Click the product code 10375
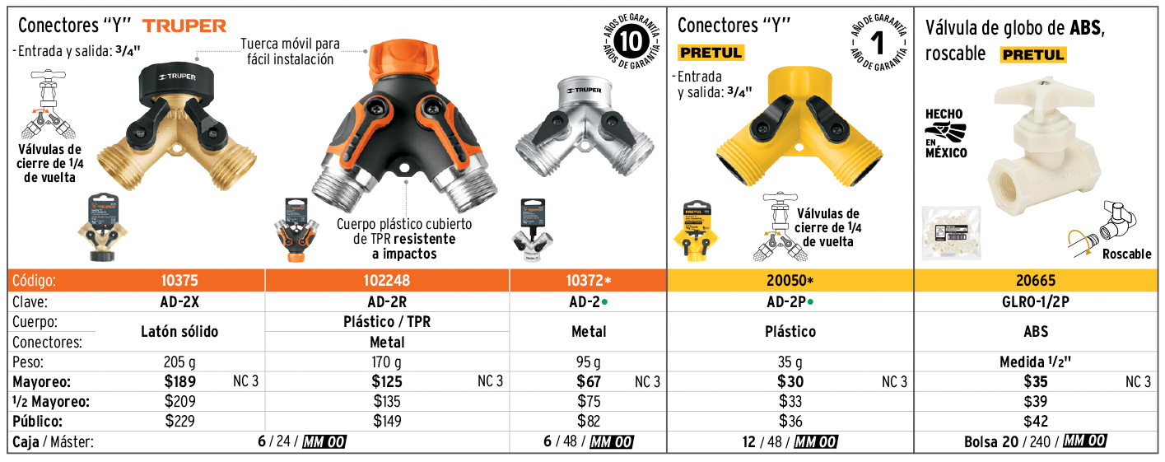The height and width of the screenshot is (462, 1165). [179, 281]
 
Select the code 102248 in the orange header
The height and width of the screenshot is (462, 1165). [387, 281]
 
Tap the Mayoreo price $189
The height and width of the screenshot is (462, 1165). [180, 381]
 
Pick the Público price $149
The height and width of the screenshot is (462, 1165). [387, 421]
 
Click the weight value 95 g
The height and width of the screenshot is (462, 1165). [588, 362]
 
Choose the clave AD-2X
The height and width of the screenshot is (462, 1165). [179, 301]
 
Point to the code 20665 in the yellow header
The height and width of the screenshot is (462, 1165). [1036, 281]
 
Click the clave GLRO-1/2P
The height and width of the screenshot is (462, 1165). [1036, 301]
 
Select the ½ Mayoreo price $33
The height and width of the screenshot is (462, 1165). [790, 401]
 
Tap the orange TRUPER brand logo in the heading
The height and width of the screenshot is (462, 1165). [184, 26]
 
